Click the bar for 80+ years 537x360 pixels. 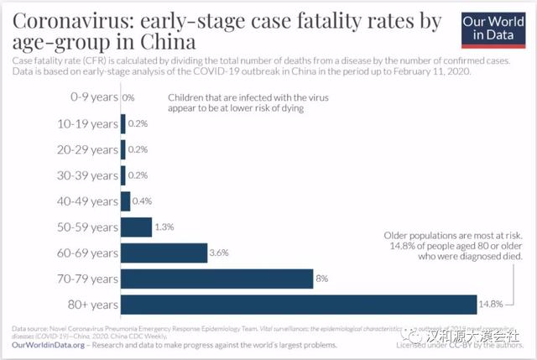tap(299, 304)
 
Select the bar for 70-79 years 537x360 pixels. tap(216, 278)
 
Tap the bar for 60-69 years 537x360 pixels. tap(164, 253)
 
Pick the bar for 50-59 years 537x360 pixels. tap(136, 227)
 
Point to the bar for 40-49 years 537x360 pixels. tap(126, 201)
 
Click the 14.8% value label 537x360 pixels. tap(493, 304)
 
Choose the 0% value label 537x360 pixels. tap(128, 98)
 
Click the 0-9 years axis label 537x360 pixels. tap(93, 98)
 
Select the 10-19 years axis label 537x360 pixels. tap(87, 124)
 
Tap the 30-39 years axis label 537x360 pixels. tap(87, 175)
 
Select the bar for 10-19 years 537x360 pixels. tap(123, 124)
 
